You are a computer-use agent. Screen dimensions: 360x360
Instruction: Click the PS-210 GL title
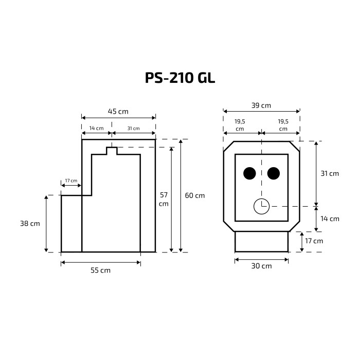coord(180,78)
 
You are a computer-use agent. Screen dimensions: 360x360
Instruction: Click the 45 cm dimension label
coord(118,112)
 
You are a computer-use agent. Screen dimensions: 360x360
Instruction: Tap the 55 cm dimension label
coord(101,270)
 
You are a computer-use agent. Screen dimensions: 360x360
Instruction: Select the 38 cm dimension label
coord(30,223)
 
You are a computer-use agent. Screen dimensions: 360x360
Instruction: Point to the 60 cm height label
coord(195,195)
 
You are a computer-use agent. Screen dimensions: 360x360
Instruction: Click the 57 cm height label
coord(164,200)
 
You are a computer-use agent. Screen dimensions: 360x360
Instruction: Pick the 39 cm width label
coord(261,105)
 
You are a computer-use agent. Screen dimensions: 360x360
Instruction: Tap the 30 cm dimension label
coord(261,266)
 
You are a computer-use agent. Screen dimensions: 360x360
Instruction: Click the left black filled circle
coord(249,173)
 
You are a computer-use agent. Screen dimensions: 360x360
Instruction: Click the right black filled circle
coord(274,173)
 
